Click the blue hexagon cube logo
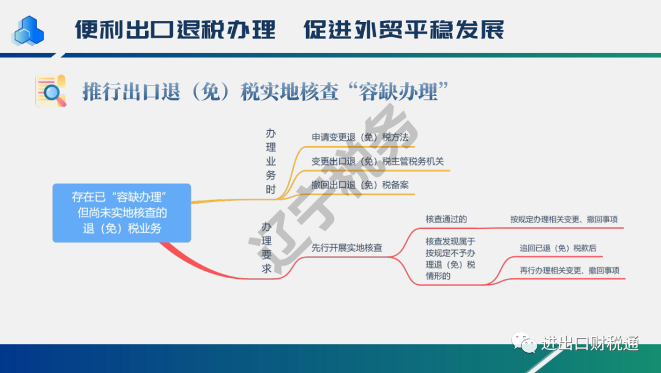(x=28, y=31)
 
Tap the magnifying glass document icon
(x=51, y=91)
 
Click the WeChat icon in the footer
(x=523, y=342)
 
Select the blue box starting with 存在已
(x=122, y=213)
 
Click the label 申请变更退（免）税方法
(x=360, y=137)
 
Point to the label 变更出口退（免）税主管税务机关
(x=378, y=161)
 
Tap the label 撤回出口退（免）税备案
(x=360, y=185)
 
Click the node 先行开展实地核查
(x=346, y=248)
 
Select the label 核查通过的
(x=446, y=220)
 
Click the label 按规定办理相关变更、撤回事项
(x=564, y=220)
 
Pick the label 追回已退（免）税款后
(x=558, y=248)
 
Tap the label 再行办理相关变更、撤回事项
(x=570, y=271)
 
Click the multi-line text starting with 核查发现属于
(x=450, y=259)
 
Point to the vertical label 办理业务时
(x=271, y=161)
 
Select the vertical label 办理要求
(x=266, y=248)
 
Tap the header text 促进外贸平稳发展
(x=404, y=30)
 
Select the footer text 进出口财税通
(x=590, y=344)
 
